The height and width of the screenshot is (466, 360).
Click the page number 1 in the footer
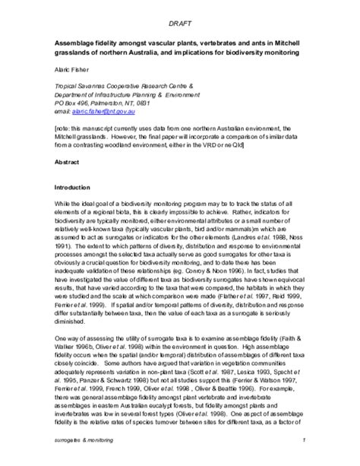(x=302, y=440)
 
